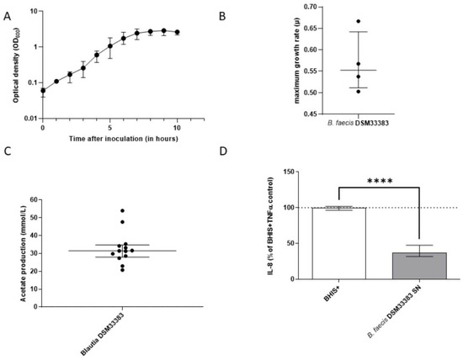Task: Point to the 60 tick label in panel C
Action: tap(33, 199)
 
